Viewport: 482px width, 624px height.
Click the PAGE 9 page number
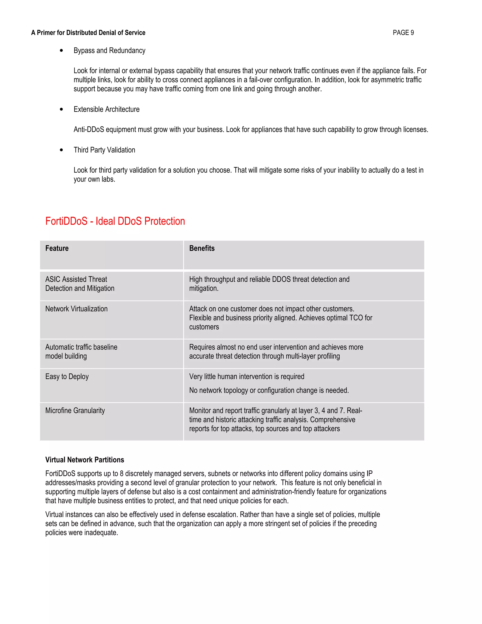(403, 32)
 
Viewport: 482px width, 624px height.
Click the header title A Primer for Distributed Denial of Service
(88, 32)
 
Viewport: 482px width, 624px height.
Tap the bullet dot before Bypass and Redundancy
(61, 51)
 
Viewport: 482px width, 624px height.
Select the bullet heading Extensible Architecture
(107, 109)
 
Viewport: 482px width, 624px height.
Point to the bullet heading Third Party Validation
(104, 150)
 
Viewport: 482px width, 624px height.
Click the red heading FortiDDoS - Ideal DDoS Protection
(115, 221)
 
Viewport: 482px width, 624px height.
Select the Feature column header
(57, 248)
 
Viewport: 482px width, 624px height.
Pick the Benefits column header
(202, 248)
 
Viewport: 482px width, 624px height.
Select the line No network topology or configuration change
(269, 390)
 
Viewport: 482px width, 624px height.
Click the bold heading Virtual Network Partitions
(84, 459)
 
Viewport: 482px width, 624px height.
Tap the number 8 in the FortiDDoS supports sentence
(122, 474)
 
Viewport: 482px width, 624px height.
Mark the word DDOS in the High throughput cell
(281, 279)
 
